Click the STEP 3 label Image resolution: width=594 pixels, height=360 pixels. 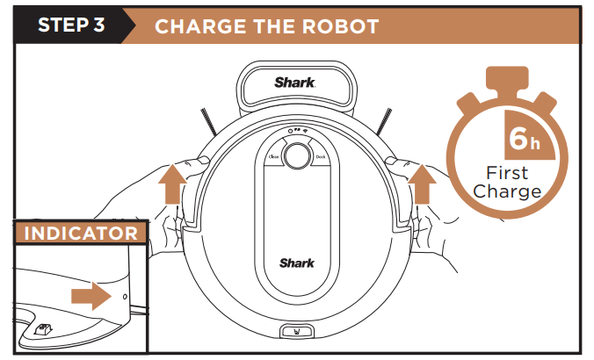(71, 25)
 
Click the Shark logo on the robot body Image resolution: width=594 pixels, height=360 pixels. (296, 262)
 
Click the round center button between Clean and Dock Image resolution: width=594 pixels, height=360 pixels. (297, 155)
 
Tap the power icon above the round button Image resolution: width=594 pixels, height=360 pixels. (289, 131)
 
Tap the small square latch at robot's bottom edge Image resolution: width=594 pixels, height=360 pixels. (296, 331)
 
